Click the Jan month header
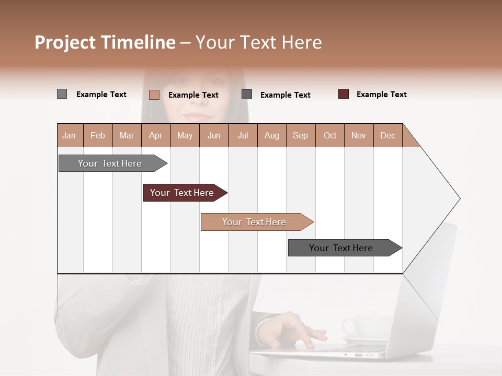[70, 135]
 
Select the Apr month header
[156, 135]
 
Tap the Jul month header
[243, 135]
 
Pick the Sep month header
[301, 135]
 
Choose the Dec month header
[387, 135]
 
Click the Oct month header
[330, 135]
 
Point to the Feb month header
[98, 135]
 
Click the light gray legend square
[62, 94]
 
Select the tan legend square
[154, 95]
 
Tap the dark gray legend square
[247, 95]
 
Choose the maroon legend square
[344, 94]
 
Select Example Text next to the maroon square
[381, 95]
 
